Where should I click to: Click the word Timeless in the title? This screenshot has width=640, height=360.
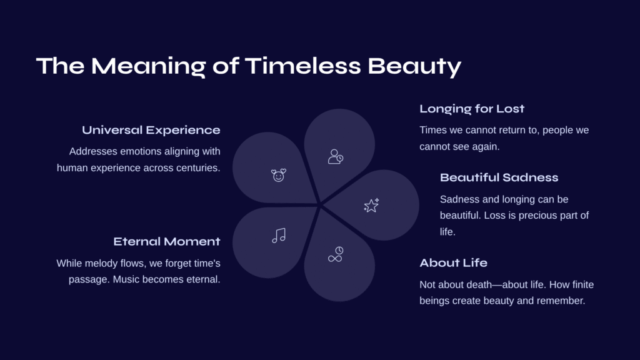pos(303,66)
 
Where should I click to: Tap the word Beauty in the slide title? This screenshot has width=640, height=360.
pos(414,67)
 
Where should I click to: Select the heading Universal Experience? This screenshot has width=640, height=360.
pos(151,130)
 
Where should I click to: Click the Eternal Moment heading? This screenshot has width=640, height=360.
pos(166,242)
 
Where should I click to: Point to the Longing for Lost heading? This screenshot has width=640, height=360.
pos(472,109)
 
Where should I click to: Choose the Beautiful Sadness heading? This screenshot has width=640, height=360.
pos(499,177)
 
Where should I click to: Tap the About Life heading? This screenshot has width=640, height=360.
pos(454,263)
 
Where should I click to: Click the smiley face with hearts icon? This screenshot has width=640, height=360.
pos(279,175)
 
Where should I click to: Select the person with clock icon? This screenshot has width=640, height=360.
pos(336,157)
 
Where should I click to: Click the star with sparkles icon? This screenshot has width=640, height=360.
pos(371,205)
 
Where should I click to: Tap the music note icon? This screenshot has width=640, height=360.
pos(279,236)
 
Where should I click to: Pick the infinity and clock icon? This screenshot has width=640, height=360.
pos(336,254)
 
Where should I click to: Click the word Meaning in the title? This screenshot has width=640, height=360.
pos(148,67)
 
